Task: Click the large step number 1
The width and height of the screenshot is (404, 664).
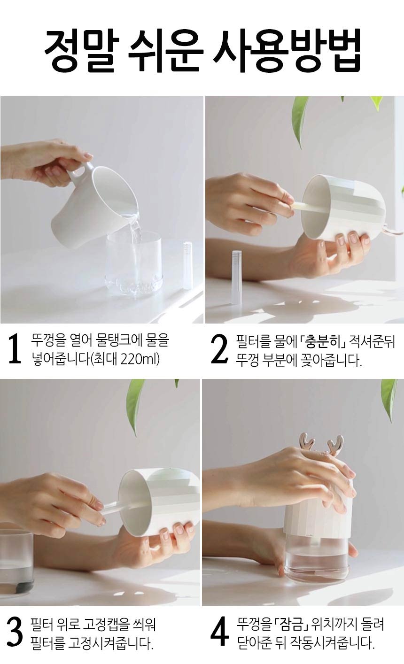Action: [15, 348]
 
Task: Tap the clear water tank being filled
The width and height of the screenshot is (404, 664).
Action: [134, 263]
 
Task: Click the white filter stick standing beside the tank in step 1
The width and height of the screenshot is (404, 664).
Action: [187, 265]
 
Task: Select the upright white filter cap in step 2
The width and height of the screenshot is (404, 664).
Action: [236, 277]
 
